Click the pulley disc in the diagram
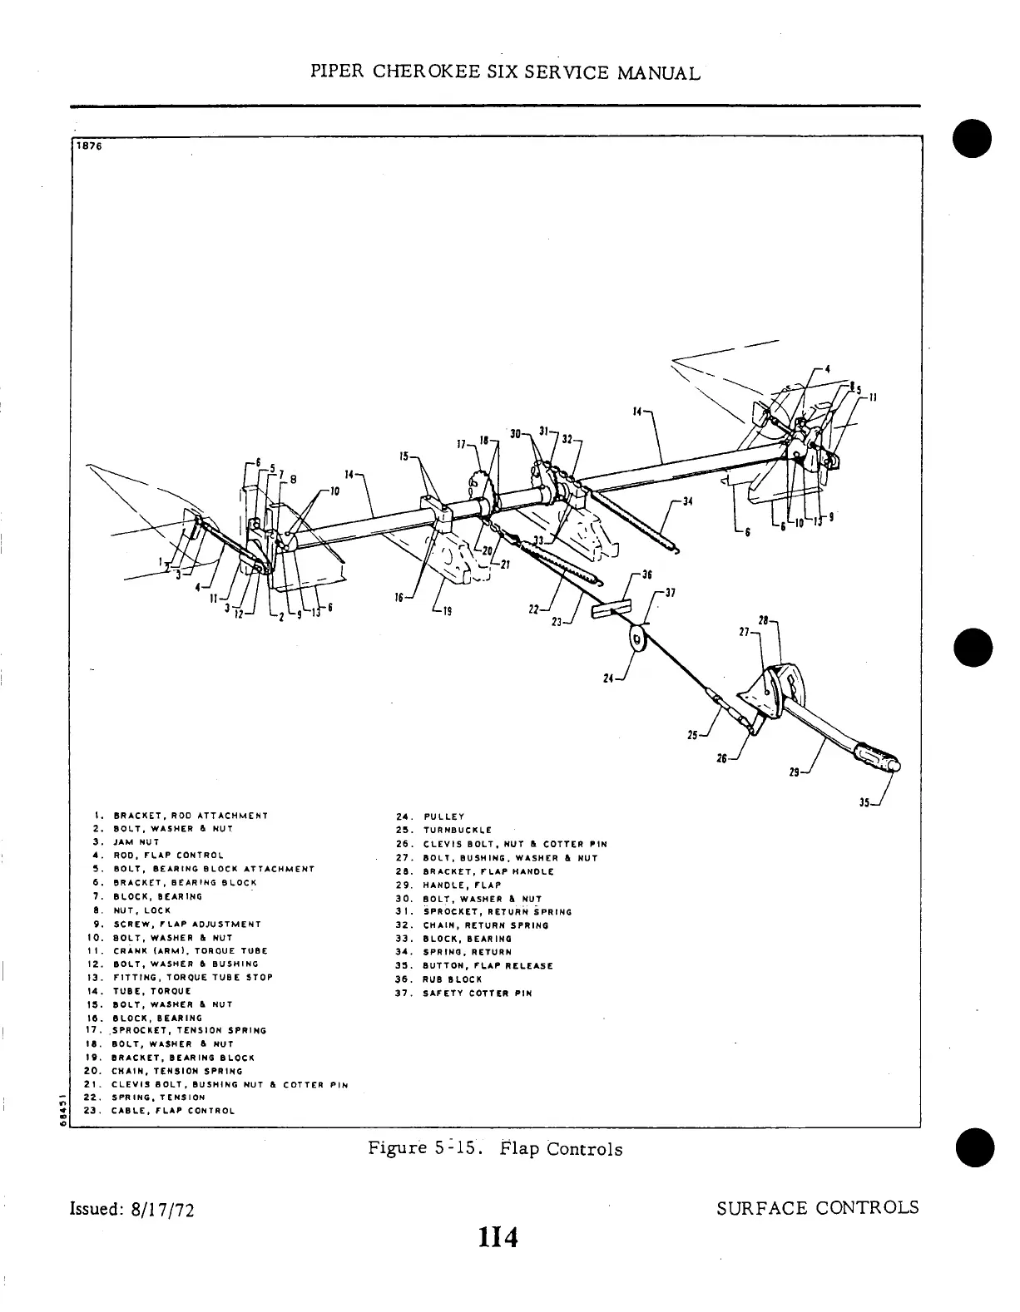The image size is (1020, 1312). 638,640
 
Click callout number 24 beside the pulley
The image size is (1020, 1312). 608,679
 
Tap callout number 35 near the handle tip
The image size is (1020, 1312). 866,803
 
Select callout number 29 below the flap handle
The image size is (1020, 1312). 795,772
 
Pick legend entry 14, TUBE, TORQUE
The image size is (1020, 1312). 141,991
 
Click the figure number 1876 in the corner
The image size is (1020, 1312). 87,146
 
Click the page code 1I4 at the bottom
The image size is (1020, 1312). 498,1238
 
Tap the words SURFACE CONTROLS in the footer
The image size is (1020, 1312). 817,1207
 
